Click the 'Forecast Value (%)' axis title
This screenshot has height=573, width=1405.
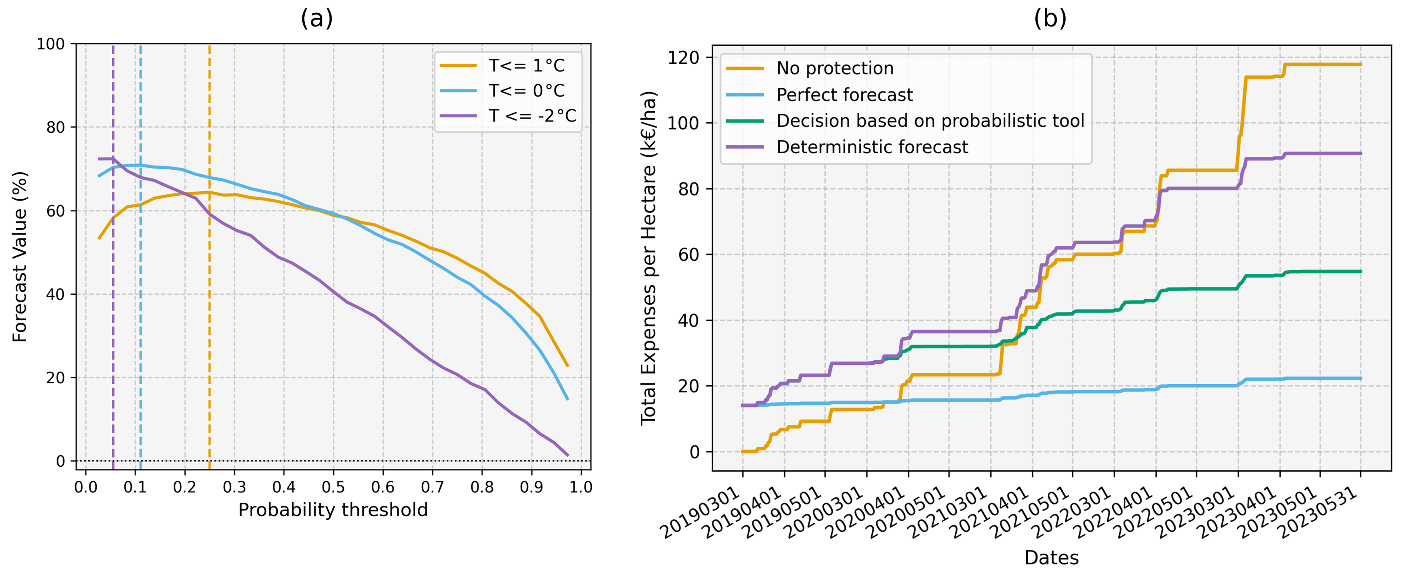(x=20, y=256)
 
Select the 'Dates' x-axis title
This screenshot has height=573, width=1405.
(x=1051, y=558)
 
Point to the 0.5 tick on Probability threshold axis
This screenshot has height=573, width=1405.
(x=333, y=487)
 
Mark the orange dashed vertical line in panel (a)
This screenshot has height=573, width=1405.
(x=209, y=327)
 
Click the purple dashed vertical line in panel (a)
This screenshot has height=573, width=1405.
(x=113, y=327)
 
